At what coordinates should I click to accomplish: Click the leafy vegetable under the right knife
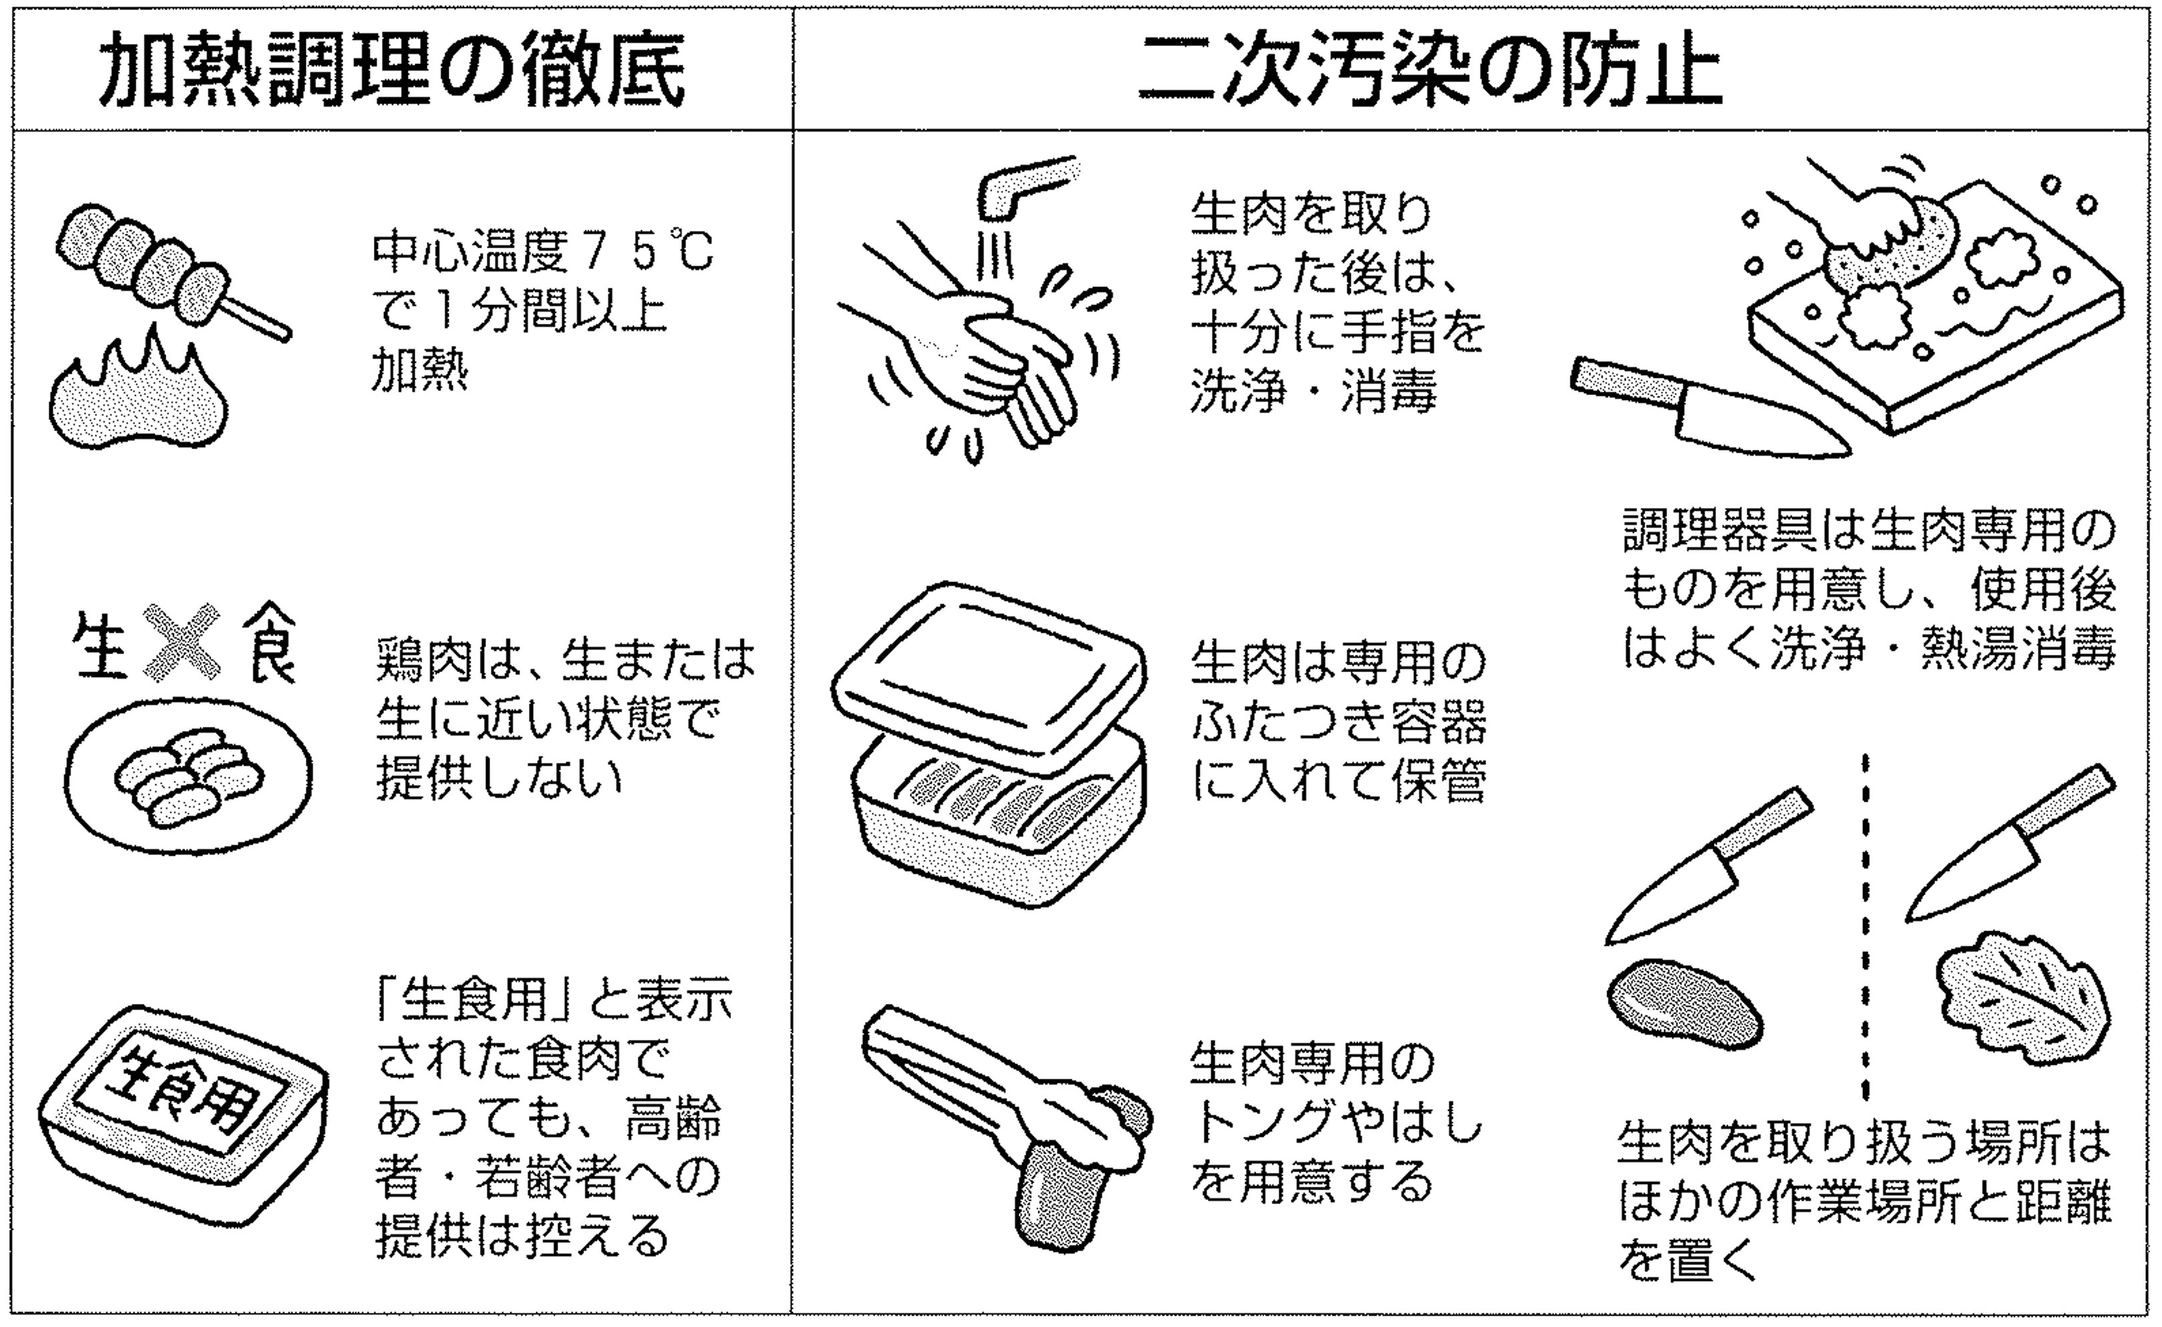click(2023, 1001)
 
